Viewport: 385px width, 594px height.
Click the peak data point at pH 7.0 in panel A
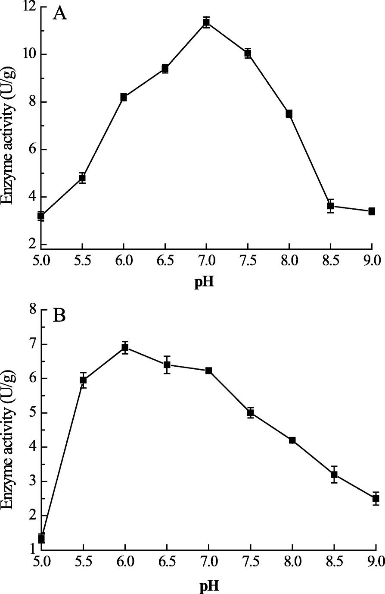(x=206, y=22)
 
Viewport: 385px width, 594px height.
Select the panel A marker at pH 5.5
(x=82, y=178)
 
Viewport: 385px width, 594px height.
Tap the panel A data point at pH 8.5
(x=330, y=206)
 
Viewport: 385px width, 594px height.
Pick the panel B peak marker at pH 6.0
(x=125, y=347)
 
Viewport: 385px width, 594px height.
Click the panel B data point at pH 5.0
(x=41, y=538)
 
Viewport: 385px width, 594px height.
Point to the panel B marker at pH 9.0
(x=376, y=499)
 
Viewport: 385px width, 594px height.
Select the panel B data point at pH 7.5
(x=250, y=413)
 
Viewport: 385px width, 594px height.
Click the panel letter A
(x=59, y=14)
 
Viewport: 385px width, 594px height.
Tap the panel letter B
(x=59, y=315)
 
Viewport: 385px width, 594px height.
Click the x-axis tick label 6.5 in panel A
(x=165, y=261)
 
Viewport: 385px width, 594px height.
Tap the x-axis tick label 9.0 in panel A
(x=371, y=261)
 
